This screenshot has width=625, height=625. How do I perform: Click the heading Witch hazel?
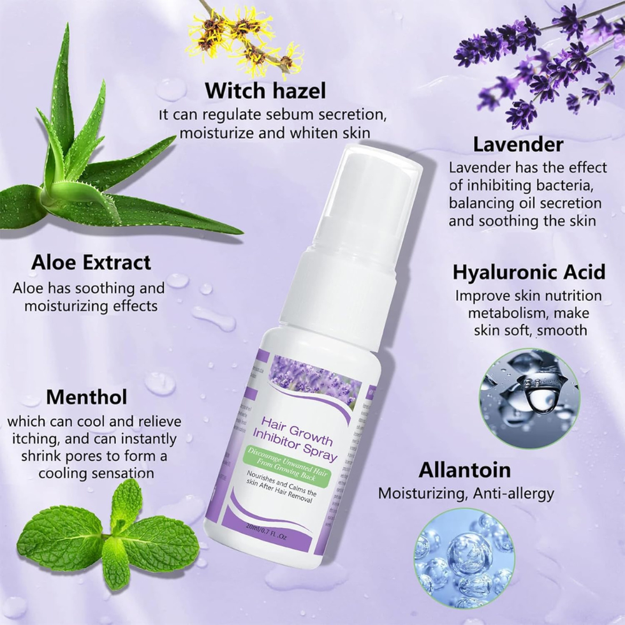266,91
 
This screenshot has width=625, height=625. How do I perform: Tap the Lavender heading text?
518,145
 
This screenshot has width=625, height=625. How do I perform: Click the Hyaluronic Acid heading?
528,272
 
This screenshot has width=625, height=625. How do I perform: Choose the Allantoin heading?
465,470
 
